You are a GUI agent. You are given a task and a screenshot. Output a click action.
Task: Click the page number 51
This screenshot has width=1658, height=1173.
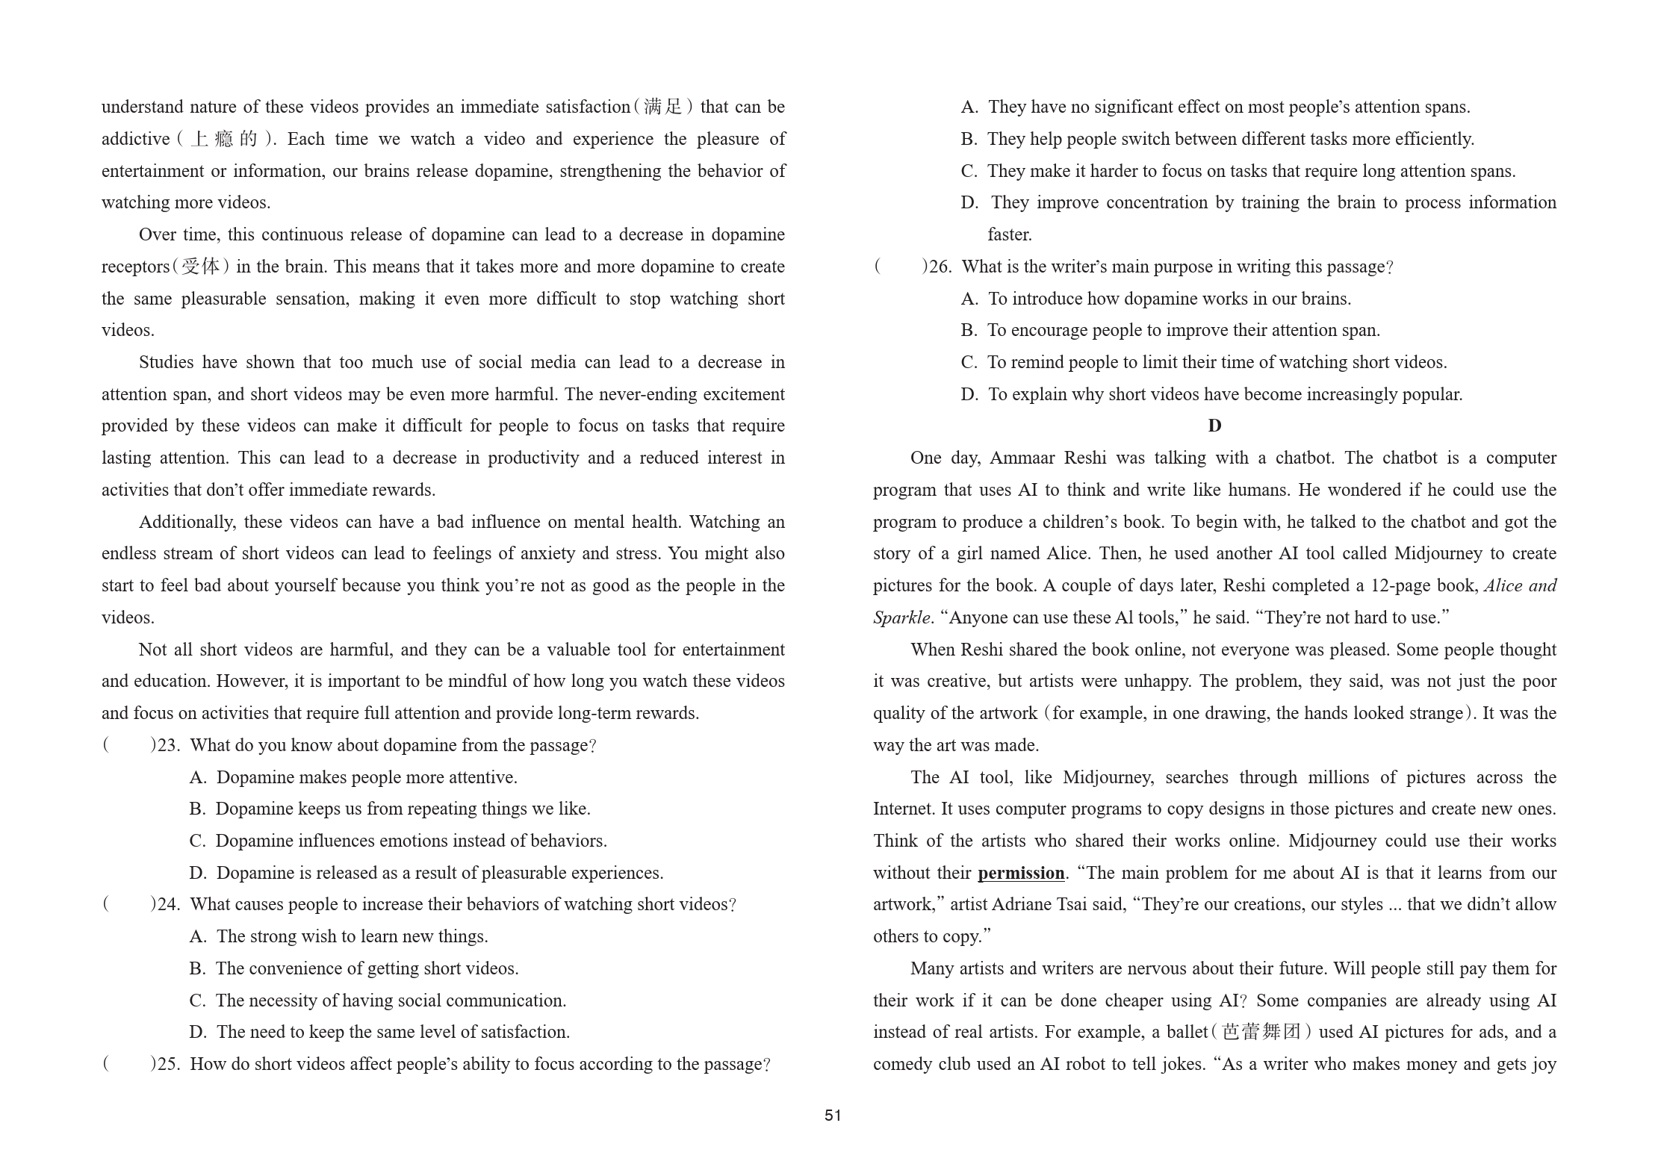click(833, 1116)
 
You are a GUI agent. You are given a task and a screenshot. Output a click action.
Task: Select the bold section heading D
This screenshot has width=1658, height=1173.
click(1214, 426)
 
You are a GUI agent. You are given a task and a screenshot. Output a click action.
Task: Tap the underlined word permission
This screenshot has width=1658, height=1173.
click(1021, 873)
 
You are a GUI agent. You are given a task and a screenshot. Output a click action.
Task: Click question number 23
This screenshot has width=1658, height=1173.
click(168, 745)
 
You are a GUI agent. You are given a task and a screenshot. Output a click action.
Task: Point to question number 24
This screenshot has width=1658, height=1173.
click(168, 904)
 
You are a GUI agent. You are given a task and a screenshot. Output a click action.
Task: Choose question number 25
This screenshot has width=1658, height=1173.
click(168, 1064)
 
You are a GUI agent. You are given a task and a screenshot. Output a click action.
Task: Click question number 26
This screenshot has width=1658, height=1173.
click(940, 267)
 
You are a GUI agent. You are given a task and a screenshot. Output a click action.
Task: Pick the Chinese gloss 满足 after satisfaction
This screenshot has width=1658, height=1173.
click(663, 107)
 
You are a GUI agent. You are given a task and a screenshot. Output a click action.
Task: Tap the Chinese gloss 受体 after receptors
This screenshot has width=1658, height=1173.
click(201, 267)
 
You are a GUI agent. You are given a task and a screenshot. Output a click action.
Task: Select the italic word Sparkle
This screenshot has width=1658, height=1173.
click(901, 617)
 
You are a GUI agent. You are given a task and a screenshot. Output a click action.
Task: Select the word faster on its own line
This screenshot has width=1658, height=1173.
click(1009, 234)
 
